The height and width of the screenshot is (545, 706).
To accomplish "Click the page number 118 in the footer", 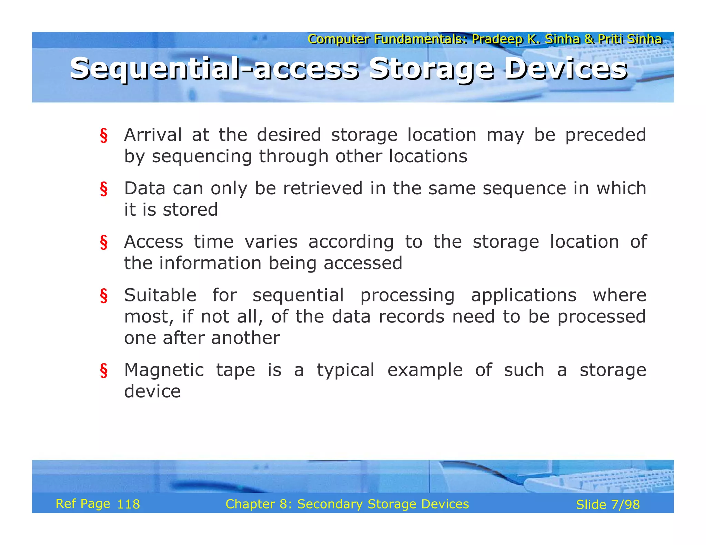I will click(129, 504).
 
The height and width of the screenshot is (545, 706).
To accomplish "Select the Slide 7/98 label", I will click(608, 505).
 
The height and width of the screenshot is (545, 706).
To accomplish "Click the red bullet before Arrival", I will click(103, 135).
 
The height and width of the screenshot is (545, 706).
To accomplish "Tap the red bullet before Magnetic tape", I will click(103, 371).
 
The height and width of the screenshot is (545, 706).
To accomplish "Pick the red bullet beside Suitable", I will click(103, 296).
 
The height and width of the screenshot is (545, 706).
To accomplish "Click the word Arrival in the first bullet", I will click(153, 135).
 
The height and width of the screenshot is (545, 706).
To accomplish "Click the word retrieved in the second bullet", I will click(323, 188).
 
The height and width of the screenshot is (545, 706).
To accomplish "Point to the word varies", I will click(271, 242).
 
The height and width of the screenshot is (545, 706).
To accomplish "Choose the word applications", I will click(524, 296).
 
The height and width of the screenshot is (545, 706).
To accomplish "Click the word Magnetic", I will click(164, 370).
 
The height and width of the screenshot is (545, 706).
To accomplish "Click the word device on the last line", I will click(152, 392).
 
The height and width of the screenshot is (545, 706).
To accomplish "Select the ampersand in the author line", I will click(589, 39).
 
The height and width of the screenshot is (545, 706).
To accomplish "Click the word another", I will click(245, 338).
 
